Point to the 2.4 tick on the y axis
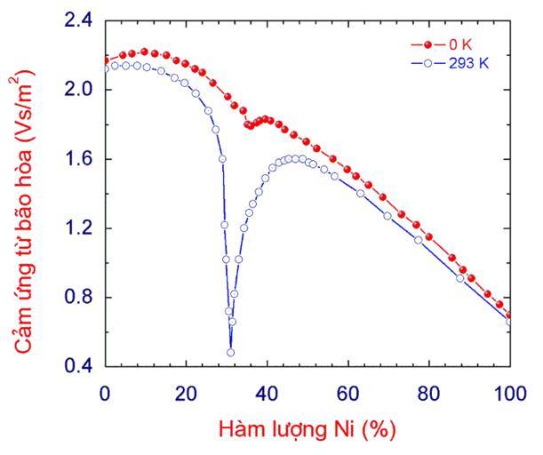79,21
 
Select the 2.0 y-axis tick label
79,90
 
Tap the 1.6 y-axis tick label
79,159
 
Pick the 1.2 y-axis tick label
79,228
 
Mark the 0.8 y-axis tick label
79,297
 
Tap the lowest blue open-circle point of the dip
230,352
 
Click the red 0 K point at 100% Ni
509,315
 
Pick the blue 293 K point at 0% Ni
106,68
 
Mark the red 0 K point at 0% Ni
106,60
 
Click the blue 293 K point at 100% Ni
510,322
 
